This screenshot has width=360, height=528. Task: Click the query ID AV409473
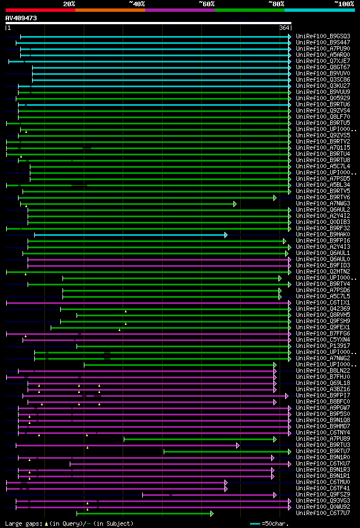(x=21, y=18)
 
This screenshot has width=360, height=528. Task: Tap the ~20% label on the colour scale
(x=69, y=4)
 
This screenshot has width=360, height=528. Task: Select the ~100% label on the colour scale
(x=344, y=4)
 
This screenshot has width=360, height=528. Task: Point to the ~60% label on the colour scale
(x=206, y=4)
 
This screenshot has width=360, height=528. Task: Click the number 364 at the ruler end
(x=284, y=28)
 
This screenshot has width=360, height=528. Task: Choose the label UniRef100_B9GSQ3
(x=323, y=36)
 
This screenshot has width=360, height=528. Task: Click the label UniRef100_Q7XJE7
(x=323, y=61)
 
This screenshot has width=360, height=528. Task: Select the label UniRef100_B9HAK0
(x=323, y=234)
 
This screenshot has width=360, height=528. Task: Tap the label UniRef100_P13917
(x=323, y=346)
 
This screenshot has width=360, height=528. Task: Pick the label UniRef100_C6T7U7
(x=323, y=513)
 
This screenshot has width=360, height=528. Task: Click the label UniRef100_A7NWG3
(x=323, y=203)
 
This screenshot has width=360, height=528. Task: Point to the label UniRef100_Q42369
(x=323, y=308)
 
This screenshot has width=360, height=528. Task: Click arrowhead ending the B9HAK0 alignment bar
(x=226, y=234)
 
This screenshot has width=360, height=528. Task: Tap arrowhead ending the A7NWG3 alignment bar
(x=235, y=203)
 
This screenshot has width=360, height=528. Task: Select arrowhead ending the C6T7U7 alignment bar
(x=211, y=513)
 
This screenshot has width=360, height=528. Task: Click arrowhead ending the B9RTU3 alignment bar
(x=238, y=445)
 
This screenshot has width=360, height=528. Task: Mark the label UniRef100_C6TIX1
(x=323, y=302)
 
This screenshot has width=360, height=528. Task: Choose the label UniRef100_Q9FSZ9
(x=323, y=494)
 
